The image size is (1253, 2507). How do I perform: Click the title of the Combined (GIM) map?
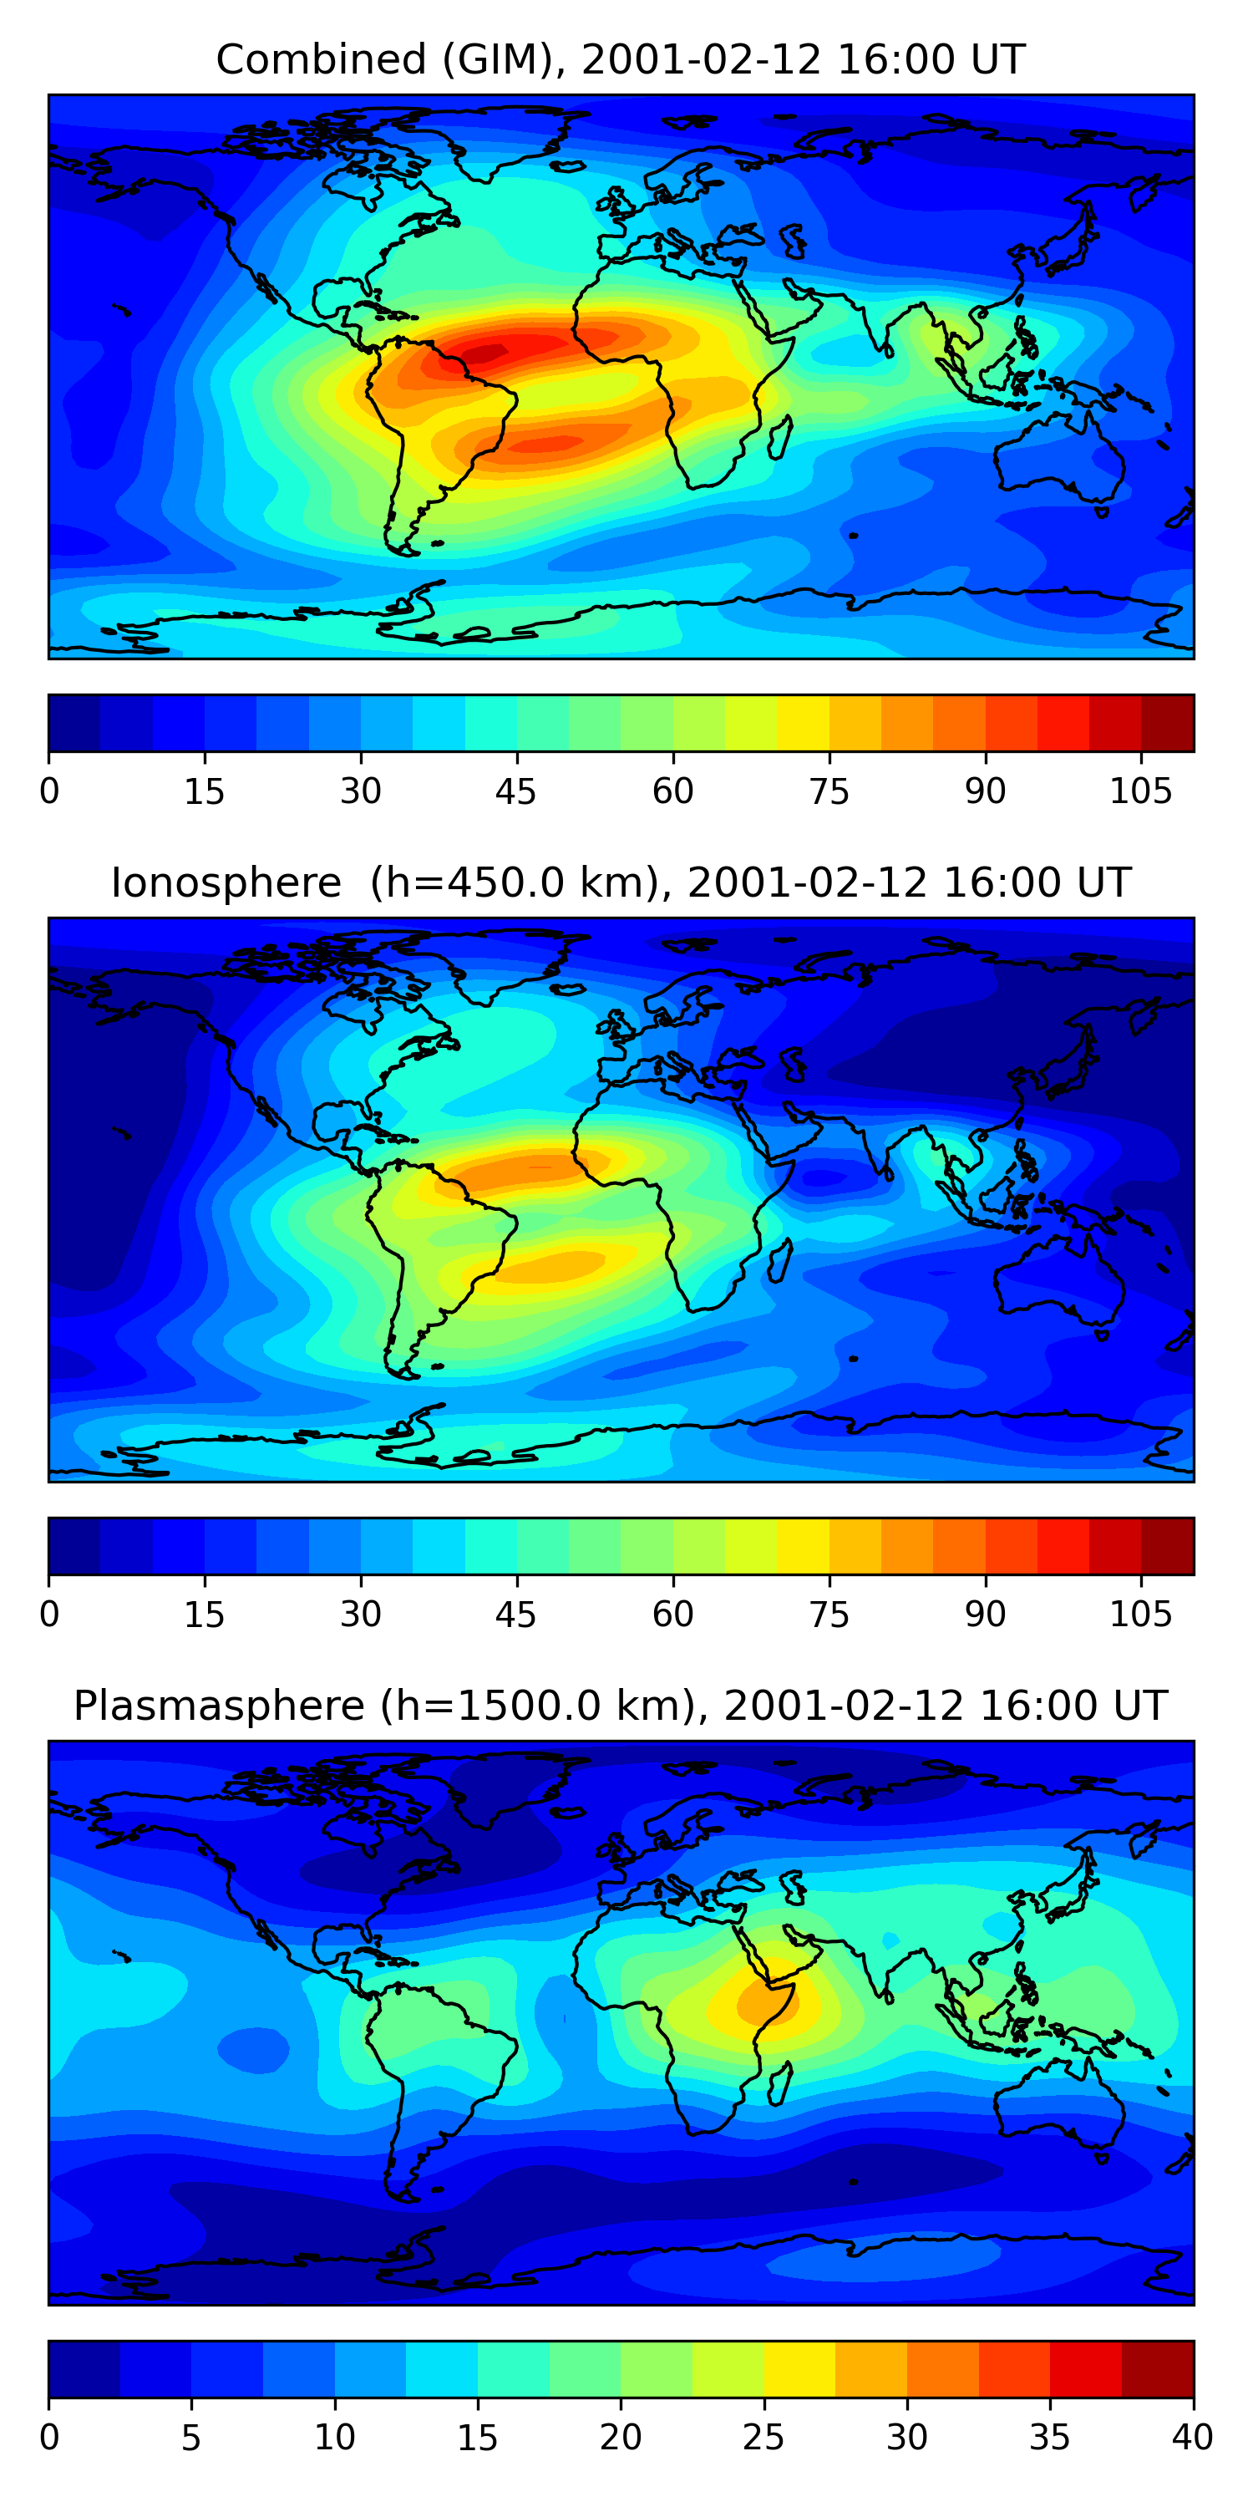point(621,59)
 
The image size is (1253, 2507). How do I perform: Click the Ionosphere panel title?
point(621,882)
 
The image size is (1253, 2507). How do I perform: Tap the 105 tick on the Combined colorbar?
point(1140,791)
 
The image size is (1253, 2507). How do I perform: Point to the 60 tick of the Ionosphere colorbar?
point(672,1615)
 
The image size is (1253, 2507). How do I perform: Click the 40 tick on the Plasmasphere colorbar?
point(1192,2438)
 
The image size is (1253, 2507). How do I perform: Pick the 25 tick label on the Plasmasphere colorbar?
point(763,2438)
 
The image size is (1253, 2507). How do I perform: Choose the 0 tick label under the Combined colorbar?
point(49,791)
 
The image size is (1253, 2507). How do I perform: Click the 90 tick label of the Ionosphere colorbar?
point(985,1615)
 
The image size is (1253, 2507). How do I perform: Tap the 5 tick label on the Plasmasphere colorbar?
point(191,2438)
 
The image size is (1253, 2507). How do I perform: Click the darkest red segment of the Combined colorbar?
point(1166,723)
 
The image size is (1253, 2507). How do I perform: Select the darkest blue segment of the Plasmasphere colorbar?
point(84,2369)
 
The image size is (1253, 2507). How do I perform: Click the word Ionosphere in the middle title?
point(226,882)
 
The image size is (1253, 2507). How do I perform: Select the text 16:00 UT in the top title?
point(930,59)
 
